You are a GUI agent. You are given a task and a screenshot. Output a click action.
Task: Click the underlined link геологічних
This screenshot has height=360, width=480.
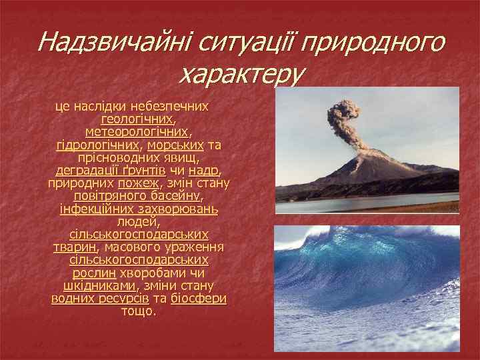(x=137, y=119)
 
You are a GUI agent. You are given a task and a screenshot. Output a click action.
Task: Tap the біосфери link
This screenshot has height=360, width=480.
(x=199, y=299)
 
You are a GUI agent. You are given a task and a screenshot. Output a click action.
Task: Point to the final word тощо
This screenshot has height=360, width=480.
(x=139, y=311)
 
